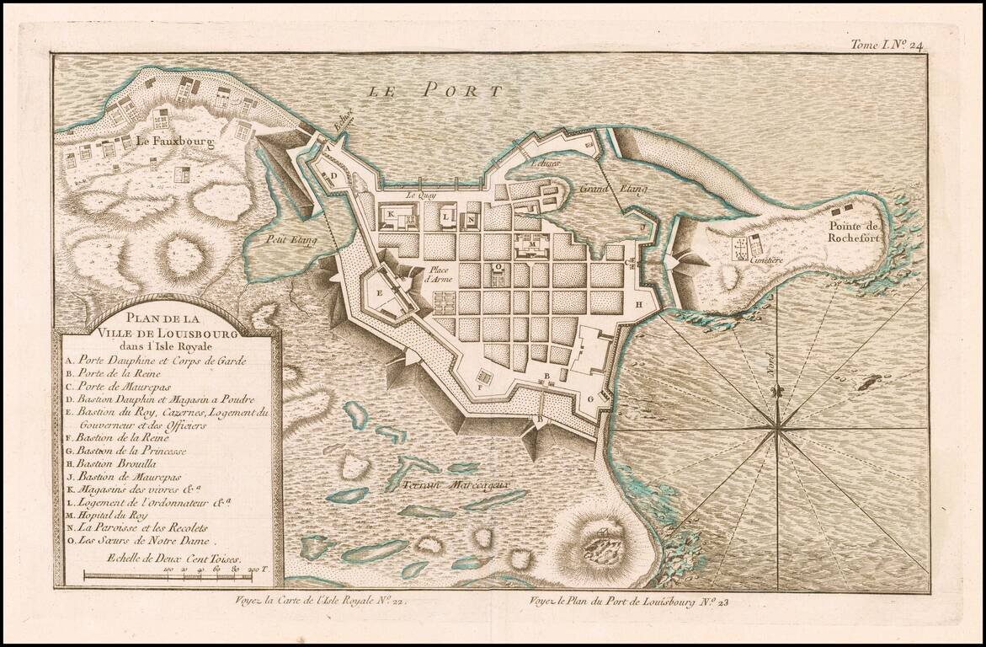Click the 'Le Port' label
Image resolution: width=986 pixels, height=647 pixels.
tap(436, 89)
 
